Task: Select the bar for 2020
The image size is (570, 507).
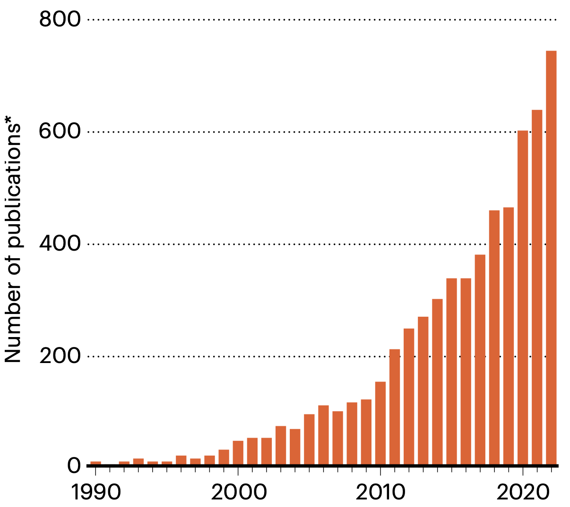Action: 523,297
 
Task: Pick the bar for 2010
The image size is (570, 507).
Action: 380,423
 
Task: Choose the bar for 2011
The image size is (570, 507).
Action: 395,406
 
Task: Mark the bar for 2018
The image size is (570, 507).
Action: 494,337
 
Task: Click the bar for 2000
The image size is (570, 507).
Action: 238,452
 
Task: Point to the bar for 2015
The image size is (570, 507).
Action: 451,371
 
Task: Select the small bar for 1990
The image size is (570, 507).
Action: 95,463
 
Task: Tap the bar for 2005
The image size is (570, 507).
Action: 309,439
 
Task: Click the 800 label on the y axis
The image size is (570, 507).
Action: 60,20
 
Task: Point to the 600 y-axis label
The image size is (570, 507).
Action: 60,132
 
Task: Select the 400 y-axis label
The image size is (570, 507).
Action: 60,244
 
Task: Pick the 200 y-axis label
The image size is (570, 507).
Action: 60,356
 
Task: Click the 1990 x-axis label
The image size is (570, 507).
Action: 95,493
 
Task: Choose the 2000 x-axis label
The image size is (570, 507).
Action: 238,493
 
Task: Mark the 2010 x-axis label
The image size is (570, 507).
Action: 380,493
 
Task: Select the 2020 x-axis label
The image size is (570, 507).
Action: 523,493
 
